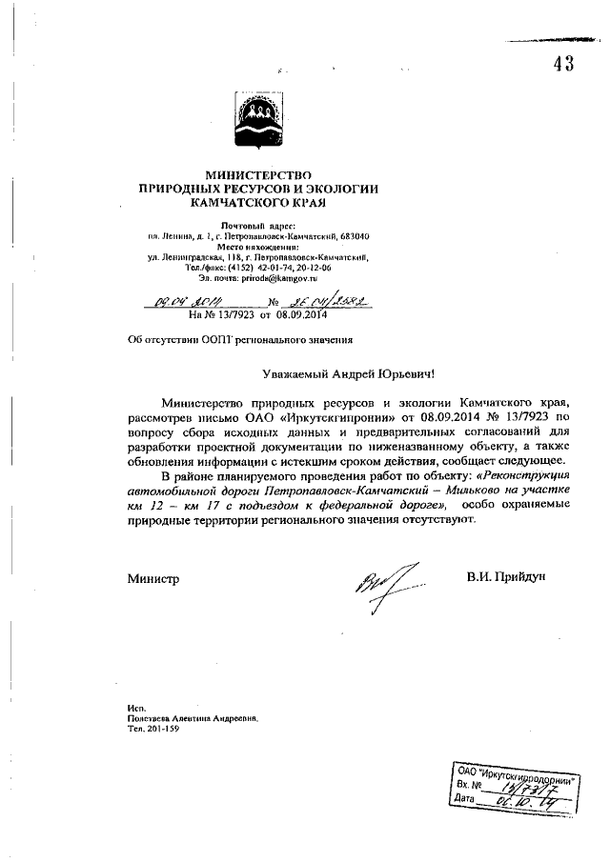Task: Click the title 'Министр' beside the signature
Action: click(152, 577)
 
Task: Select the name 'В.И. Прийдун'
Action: click(506, 577)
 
